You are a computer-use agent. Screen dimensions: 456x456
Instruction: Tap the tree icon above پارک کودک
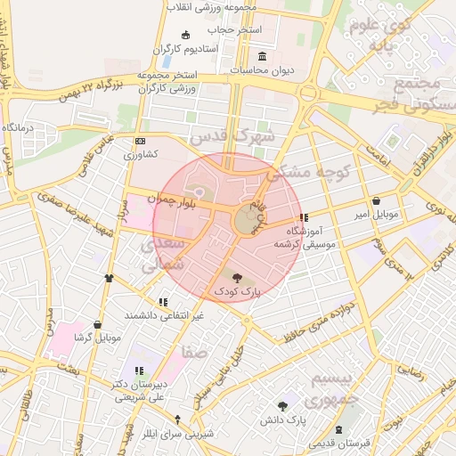point(236,279)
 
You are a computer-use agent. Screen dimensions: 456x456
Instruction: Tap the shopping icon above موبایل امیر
point(378,201)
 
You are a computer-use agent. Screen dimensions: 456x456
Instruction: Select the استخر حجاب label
point(237,29)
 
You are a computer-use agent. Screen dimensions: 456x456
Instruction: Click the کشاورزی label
point(140,154)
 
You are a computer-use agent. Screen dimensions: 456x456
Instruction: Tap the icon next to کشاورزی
point(140,142)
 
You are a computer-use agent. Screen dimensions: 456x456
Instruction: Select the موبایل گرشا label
point(96,338)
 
